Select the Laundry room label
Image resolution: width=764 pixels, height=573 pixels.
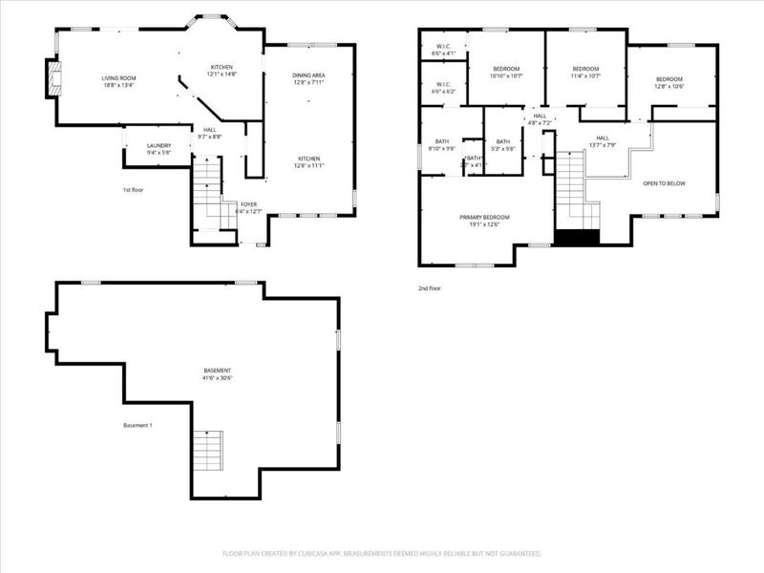pos(159,149)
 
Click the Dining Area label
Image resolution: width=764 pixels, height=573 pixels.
pos(308,78)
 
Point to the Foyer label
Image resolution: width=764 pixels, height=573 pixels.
pos(247,207)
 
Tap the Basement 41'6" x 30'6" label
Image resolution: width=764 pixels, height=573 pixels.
pos(218,373)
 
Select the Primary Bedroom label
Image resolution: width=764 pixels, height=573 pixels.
pos(484,221)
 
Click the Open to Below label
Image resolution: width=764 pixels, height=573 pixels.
pos(664,183)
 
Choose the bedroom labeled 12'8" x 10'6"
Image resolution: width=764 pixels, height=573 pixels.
pos(668,83)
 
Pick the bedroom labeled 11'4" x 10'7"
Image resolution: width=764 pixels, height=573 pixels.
pos(585,73)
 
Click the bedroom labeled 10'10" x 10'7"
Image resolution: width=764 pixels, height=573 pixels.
pos(506,73)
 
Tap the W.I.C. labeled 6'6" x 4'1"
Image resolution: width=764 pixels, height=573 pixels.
pos(443,49)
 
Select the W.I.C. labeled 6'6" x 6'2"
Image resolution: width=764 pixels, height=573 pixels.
pos(443,88)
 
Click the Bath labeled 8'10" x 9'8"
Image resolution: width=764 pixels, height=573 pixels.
pos(441,145)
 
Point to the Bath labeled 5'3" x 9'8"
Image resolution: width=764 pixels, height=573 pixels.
pos(502,145)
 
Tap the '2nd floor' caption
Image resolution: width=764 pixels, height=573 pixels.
pos(430,286)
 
